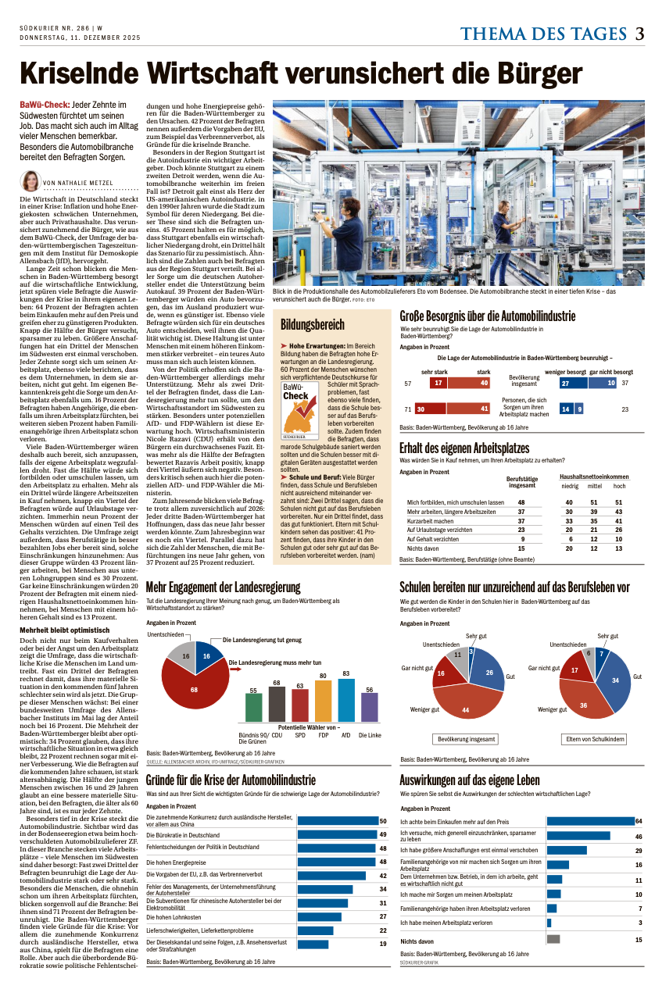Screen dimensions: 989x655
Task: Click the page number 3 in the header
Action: point(639,34)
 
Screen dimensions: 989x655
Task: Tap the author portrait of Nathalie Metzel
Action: point(30,181)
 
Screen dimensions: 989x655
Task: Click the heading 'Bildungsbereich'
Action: point(313,323)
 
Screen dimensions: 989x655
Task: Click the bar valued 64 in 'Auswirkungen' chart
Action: point(590,821)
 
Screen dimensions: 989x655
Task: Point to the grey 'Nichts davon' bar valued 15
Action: point(553,939)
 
